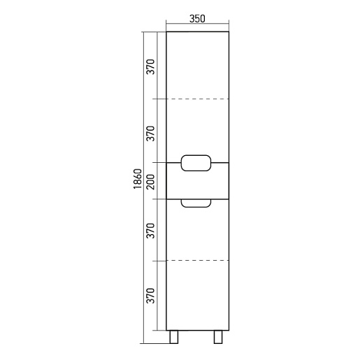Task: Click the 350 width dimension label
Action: click(197, 19)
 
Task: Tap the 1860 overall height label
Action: click(138, 179)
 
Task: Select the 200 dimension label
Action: click(151, 182)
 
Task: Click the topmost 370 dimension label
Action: click(151, 67)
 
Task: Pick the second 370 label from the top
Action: click(151, 134)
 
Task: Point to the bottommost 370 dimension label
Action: click(151, 296)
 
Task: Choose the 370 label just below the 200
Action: click(151, 231)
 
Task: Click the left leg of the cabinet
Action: click(174, 337)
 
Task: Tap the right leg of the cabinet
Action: click(218, 337)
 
